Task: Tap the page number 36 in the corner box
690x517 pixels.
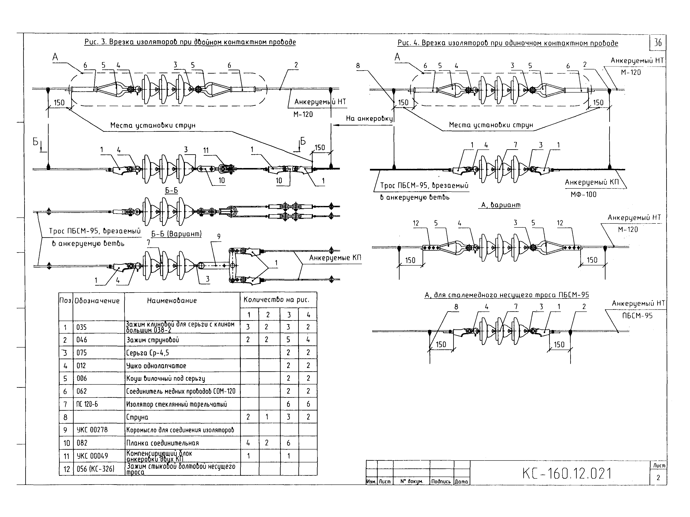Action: [x=658, y=42]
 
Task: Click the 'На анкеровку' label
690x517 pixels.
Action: [x=369, y=118]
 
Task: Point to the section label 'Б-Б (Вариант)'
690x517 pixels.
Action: [x=177, y=234]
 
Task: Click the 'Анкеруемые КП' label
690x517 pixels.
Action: [x=335, y=258]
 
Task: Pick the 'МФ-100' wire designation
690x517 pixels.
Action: [x=583, y=195]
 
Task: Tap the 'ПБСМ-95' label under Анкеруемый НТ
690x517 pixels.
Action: [x=637, y=316]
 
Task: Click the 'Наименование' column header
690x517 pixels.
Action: [x=172, y=301]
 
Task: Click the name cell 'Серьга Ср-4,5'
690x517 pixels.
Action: [x=147, y=353]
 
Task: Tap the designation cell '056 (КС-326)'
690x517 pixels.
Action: [x=95, y=469]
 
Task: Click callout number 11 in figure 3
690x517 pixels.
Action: [x=206, y=151]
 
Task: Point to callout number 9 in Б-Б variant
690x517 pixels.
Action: [x=219, y=237]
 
